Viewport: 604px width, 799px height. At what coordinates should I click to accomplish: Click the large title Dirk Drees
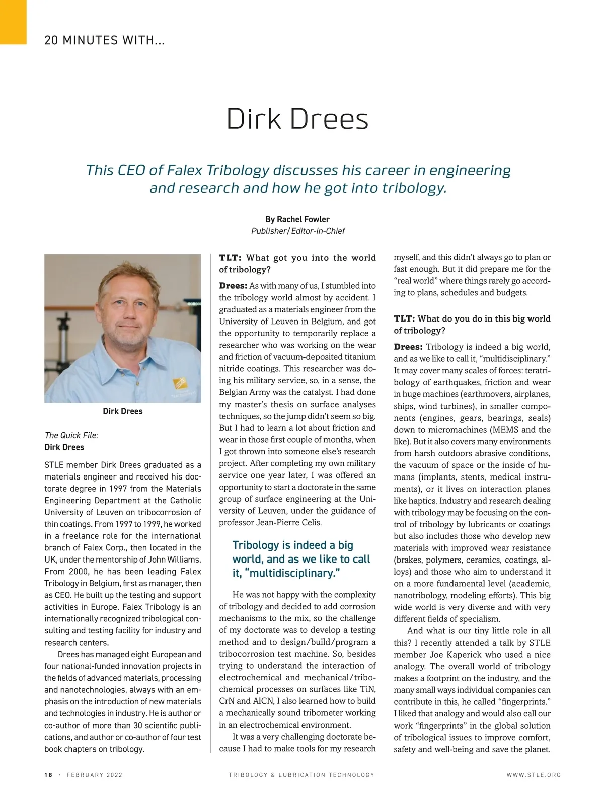(297, 119)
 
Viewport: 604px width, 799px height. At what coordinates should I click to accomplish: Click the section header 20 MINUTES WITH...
(104, 40)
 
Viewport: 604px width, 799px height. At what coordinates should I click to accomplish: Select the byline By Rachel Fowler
(297, 219)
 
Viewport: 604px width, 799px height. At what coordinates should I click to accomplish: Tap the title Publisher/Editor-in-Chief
(297, 231)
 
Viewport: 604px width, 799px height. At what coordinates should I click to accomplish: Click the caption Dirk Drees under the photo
(122, 411)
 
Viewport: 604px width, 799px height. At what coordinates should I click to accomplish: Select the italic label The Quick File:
(71, 435)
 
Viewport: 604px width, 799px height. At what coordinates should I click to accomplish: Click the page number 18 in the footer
(48, 775)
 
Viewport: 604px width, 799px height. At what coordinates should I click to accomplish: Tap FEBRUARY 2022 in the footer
(95, 775)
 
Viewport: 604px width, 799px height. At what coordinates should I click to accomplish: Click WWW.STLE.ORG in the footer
(534, 775)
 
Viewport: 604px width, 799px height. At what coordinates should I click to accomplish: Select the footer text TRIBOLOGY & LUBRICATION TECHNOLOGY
(301, 775)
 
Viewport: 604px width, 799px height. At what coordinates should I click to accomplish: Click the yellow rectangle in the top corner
(13, 22)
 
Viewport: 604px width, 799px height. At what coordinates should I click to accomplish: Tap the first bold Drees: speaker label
(233, 286)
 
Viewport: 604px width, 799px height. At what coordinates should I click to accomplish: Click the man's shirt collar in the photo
(146, 352)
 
